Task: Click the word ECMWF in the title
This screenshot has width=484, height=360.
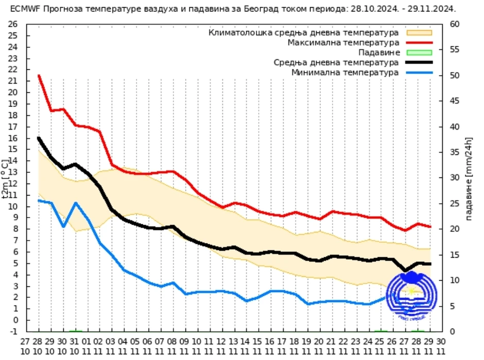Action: point(25,9)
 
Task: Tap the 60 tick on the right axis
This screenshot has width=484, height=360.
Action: point(454,24)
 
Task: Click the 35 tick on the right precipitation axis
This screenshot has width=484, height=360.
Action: point(454,152)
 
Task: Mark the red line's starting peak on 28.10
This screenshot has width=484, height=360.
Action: point(39,76)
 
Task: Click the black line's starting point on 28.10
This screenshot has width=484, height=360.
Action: point(39,138)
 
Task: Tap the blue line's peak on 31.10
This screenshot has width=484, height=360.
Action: point(76,203)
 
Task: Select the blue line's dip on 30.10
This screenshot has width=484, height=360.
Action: point(63,226)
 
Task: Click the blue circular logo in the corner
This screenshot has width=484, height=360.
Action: point(412,295)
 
